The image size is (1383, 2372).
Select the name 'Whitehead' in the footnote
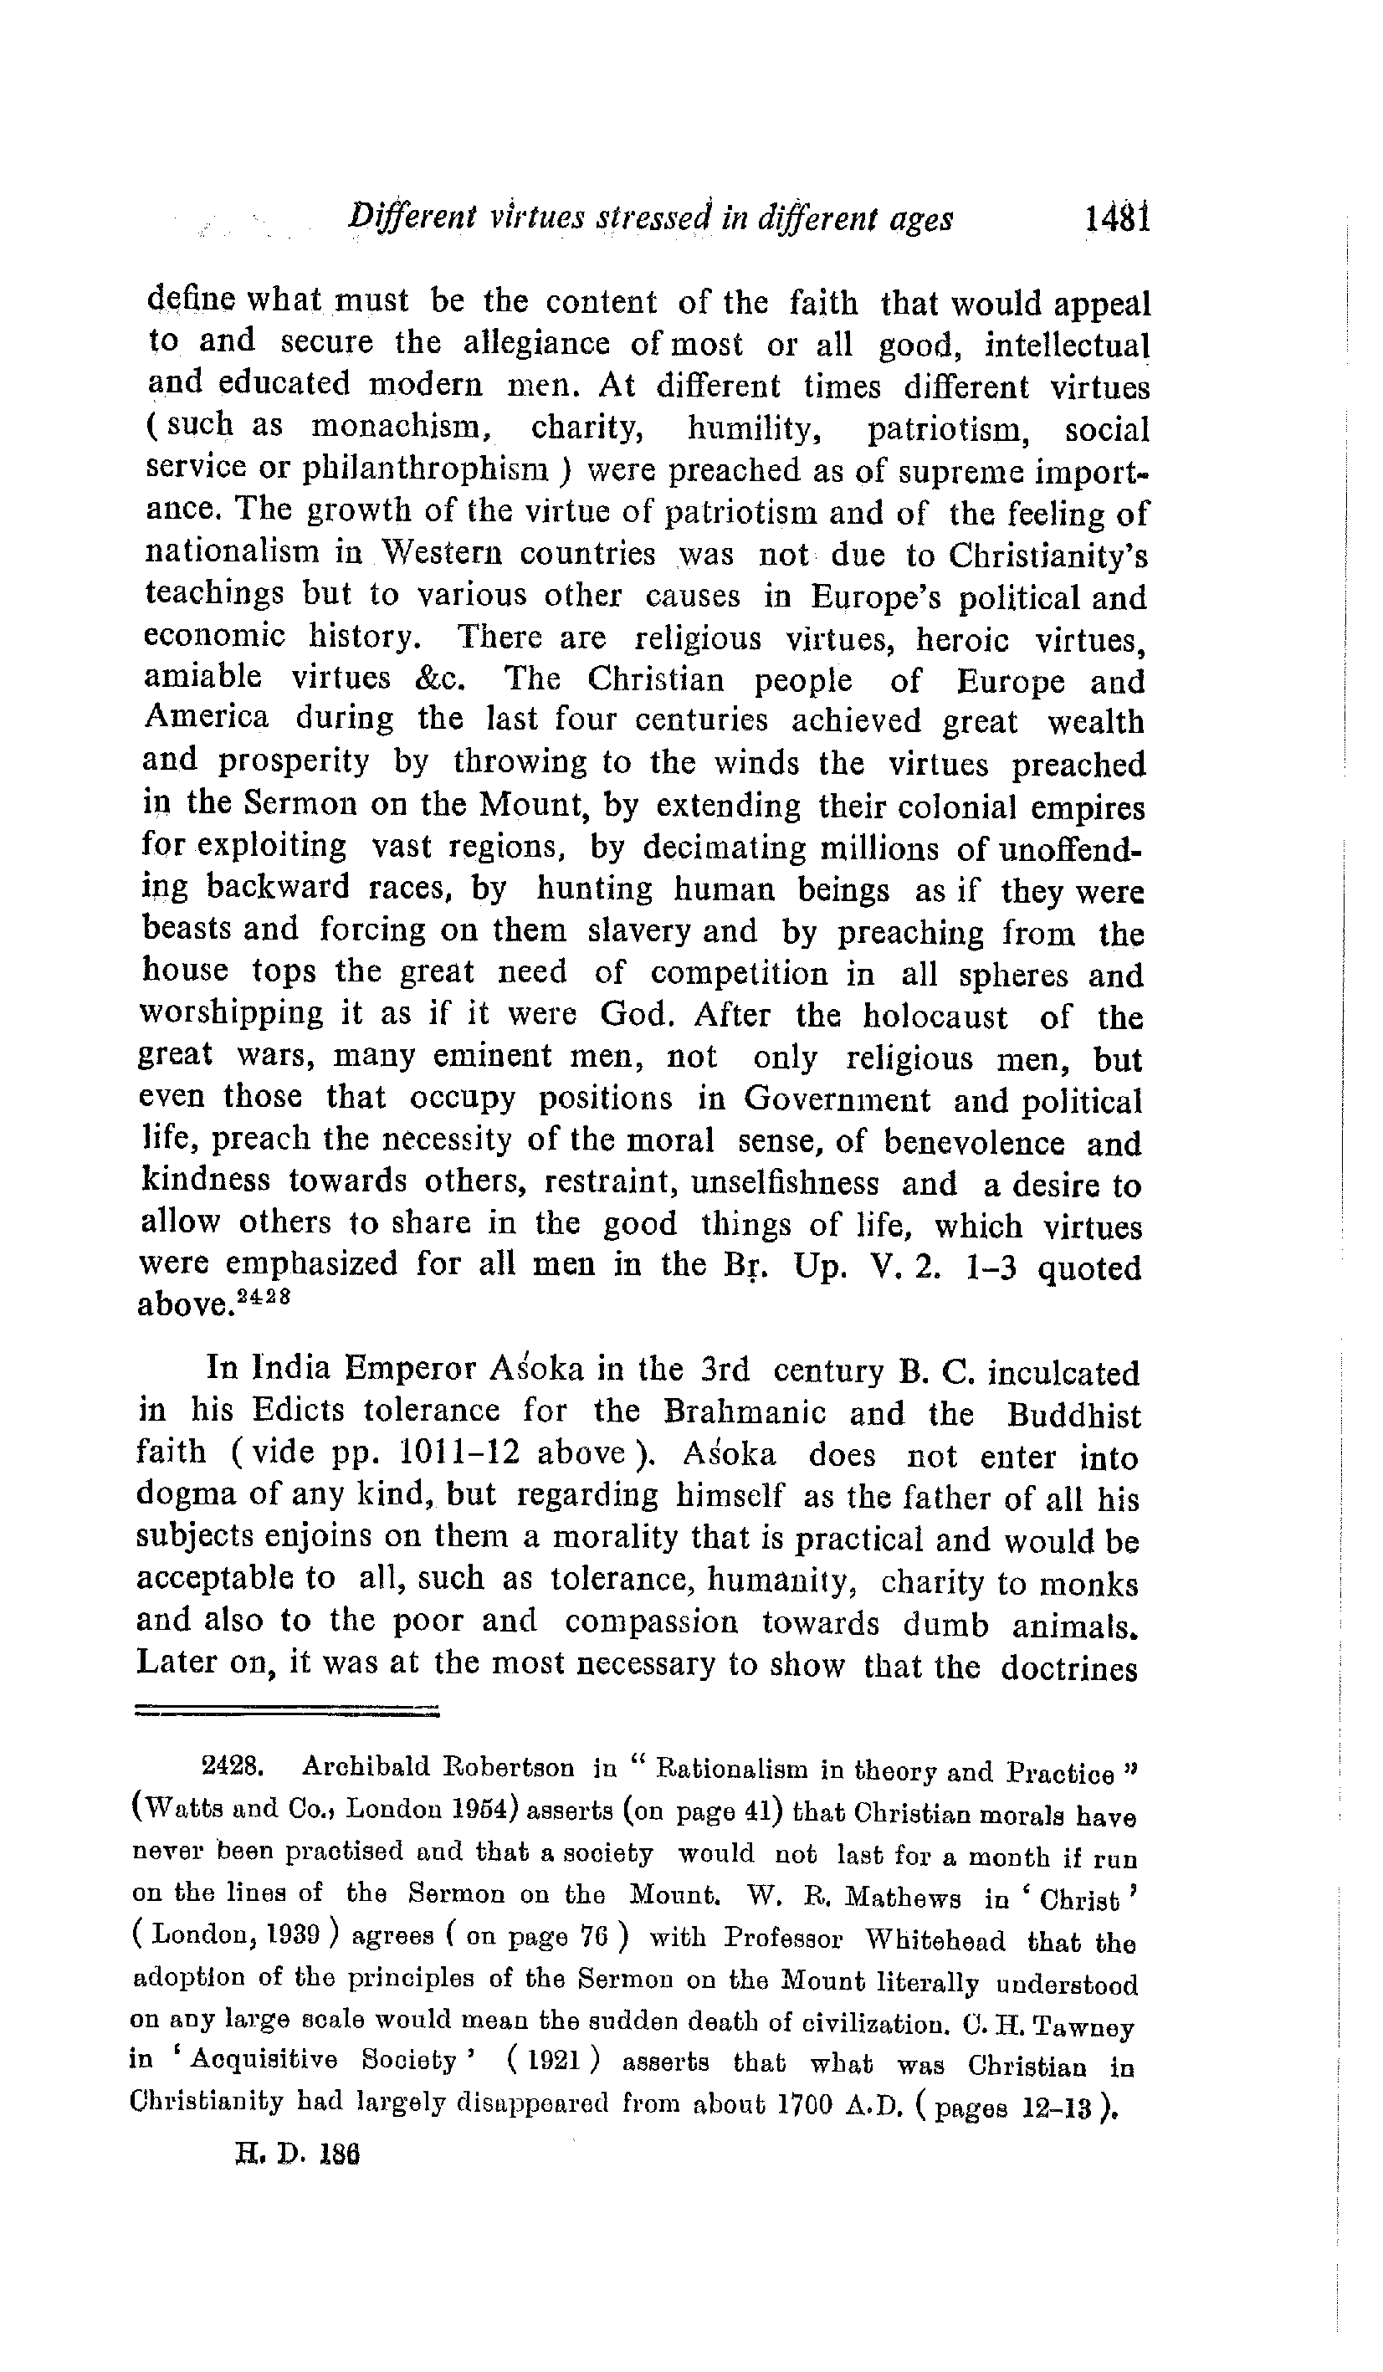click(x=935, y=1943)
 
